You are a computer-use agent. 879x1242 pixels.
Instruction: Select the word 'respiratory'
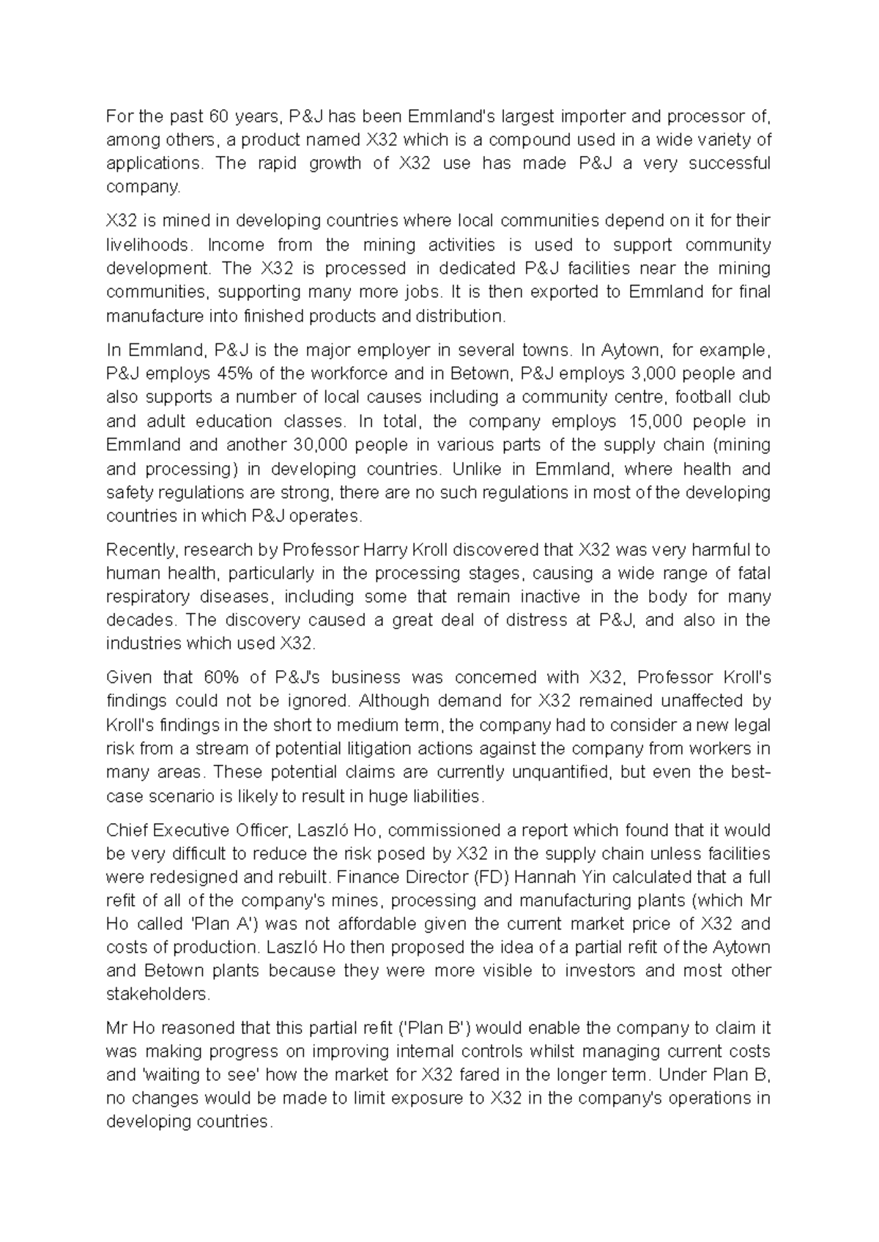149,597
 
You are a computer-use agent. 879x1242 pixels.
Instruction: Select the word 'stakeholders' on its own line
157,994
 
